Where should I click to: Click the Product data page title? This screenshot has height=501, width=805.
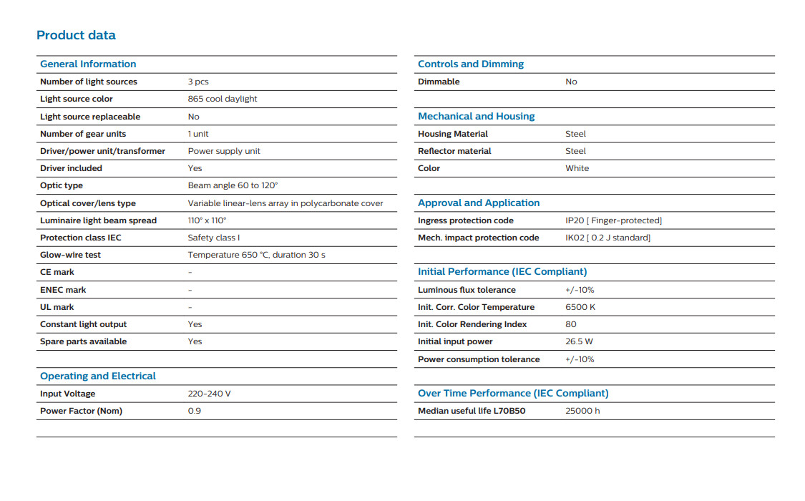(x=76, y=35)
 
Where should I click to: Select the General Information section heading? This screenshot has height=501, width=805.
(x=88, y=64)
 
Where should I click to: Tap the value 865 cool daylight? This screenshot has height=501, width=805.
(x=223, y=99)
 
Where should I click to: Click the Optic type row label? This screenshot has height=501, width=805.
(x=62, y=185)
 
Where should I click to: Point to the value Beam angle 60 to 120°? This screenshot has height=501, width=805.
(x=233, y=185)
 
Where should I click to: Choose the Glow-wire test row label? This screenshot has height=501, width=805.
(x=70, y=255)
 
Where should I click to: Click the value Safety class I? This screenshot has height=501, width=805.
(x=214, y=238)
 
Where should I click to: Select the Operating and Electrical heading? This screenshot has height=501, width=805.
(x=97, y=376)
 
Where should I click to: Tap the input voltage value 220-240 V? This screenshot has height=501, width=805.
(x=209, y=394)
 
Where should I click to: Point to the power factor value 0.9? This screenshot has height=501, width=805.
(x=195, y=411)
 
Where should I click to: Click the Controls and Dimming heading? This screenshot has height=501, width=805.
(x=471, y=64)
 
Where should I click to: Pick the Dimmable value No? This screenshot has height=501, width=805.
(x=571, y=82)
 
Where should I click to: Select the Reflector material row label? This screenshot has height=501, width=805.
(x=454, y=151)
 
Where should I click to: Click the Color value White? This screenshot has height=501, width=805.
(x=577, y=168)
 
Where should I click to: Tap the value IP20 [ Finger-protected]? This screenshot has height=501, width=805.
(x=613, y=220)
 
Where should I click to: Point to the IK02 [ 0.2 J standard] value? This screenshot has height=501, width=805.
(x=608, y=238)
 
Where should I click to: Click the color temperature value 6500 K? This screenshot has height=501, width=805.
(x=580, y=307)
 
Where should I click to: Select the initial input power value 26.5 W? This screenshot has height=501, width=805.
(x=579, y=341)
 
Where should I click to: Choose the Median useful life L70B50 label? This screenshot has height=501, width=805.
(x=472, y=411)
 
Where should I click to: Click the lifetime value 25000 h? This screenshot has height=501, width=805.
(x=582, y=411)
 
